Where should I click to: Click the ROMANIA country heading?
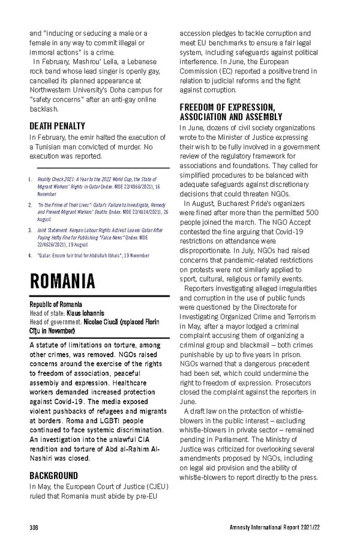point(62,280)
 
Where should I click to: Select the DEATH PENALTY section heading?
point(58,127)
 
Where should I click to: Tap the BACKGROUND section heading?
point(54,476)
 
